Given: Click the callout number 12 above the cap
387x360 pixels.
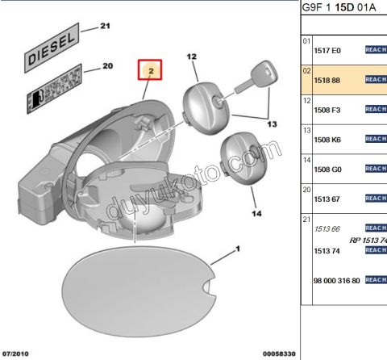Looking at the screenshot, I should point(191,57).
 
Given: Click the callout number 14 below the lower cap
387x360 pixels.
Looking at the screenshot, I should point(256,214).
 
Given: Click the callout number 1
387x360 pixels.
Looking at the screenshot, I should point(239,249).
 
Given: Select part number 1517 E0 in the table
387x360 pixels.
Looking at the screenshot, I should point(327,50).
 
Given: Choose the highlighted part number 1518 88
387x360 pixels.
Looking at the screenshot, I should point(327,80).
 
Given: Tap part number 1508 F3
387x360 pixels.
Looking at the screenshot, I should point(327,109).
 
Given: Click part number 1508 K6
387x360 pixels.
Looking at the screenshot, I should point(327,139).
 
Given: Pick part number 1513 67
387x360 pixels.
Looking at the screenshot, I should point(327,199).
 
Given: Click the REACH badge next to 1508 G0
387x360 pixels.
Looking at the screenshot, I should point(376,168).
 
